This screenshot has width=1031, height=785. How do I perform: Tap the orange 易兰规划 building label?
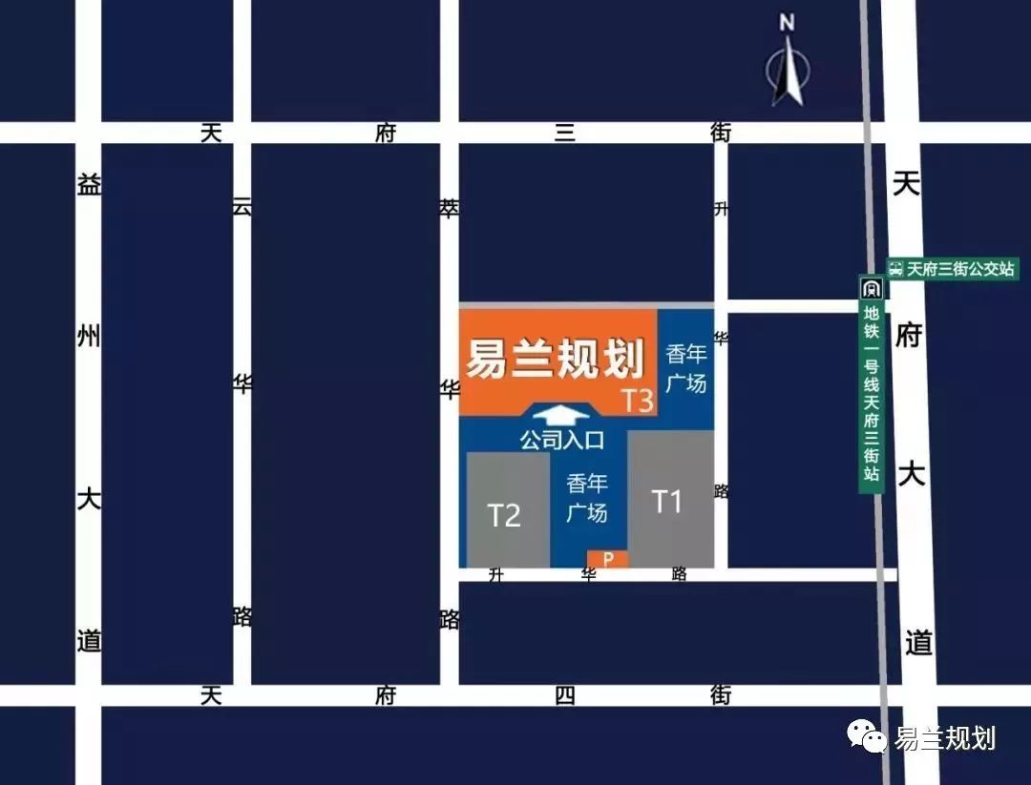click(x=555, y=360)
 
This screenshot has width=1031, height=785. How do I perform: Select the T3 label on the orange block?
click(x=638, y=401)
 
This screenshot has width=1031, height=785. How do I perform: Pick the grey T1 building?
click(x=670, y=499)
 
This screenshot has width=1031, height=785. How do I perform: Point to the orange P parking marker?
click(x=608, y=559)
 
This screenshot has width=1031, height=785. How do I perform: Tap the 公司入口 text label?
click(x=562, y=440)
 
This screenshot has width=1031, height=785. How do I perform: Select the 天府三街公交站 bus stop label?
click(x=960, y=268)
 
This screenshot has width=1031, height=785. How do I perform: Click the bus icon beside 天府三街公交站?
click(x=895, y=268)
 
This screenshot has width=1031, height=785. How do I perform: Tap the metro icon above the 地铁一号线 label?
click(x=871, y=288)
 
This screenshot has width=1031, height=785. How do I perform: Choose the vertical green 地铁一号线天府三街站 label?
click(x=871, y=396)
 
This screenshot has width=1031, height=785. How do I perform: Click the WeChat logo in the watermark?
click(x=867, y=735)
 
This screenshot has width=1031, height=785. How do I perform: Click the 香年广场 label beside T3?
click(x=686, y=368)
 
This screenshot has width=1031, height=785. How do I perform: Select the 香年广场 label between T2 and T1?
click(x=586, y=498)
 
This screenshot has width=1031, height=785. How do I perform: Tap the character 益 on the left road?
click(x=89, y=185)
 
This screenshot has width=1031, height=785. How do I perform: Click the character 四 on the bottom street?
click(x=564, y=695)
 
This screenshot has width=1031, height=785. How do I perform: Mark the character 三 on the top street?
click(x=565, y=133)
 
